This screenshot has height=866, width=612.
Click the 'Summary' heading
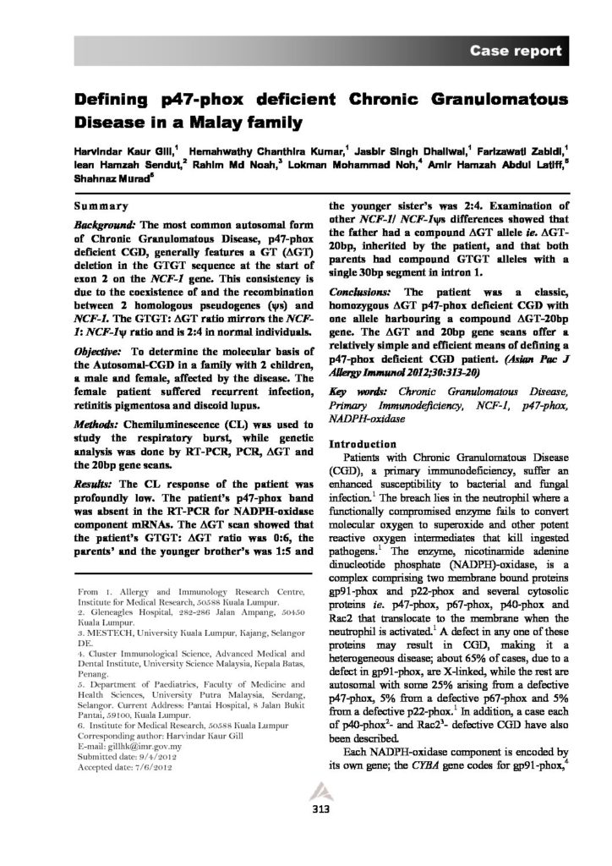[x=101, y=206]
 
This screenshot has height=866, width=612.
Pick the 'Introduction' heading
[x=361, y=444]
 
